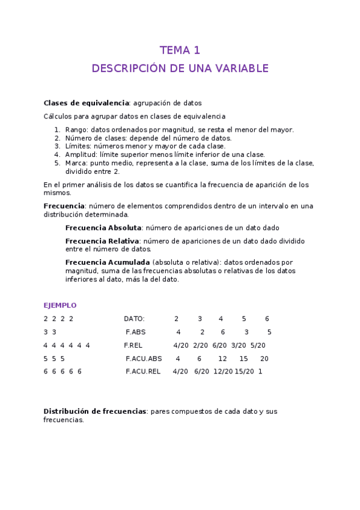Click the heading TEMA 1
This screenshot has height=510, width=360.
(x=180, y=50)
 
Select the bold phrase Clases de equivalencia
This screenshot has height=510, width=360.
(x=86, y=103)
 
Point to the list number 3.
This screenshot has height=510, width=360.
(x=57, y=146)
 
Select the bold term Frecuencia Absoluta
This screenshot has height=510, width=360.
(x=103, y=228)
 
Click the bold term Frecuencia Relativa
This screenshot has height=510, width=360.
(x=102, y=241)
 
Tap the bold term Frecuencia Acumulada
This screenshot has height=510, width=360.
(x=108, y=262)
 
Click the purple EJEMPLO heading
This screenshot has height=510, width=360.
(x=60, y=306)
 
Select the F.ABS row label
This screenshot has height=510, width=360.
(x=136, y=332)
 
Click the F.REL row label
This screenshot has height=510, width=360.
(x=133, y=345)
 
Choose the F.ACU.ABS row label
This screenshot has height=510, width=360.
(x=144, y=358)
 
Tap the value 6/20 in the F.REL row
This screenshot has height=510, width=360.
(x=220, y=345)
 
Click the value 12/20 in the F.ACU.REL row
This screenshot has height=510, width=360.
(x=223, y=372)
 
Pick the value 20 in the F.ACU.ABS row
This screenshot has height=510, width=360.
(x=264, y=358)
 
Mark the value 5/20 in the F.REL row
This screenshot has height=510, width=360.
(x=258, y=345)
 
